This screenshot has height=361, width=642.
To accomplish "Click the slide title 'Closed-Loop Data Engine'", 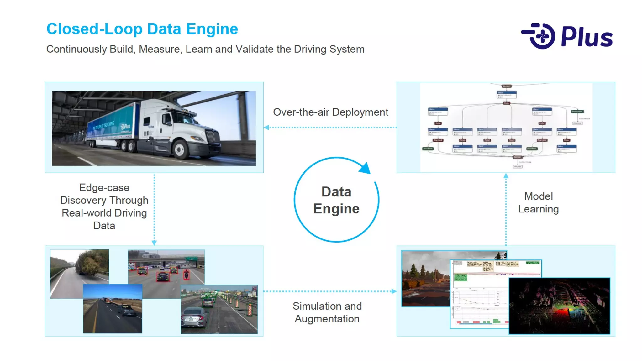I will (142, 29).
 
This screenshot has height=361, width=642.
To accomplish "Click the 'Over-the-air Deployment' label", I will (330, 112).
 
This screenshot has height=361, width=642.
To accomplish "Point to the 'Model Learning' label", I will (538, 203).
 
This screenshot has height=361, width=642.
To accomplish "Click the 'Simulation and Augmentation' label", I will (327, 312).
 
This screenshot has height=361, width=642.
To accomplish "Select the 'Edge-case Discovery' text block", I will (104, 207).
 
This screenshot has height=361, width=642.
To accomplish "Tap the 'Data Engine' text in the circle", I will (336, 200).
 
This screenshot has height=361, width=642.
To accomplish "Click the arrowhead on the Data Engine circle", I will (365, 168).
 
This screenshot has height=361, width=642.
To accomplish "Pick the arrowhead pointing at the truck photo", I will (266, 128).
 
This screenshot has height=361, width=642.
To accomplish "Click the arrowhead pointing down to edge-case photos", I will (154, 243).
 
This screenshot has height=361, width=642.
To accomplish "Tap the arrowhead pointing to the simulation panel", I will (394, 291).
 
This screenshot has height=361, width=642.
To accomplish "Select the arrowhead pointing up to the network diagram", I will (506, 176).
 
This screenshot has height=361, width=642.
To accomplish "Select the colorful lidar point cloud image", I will (559, 306).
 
